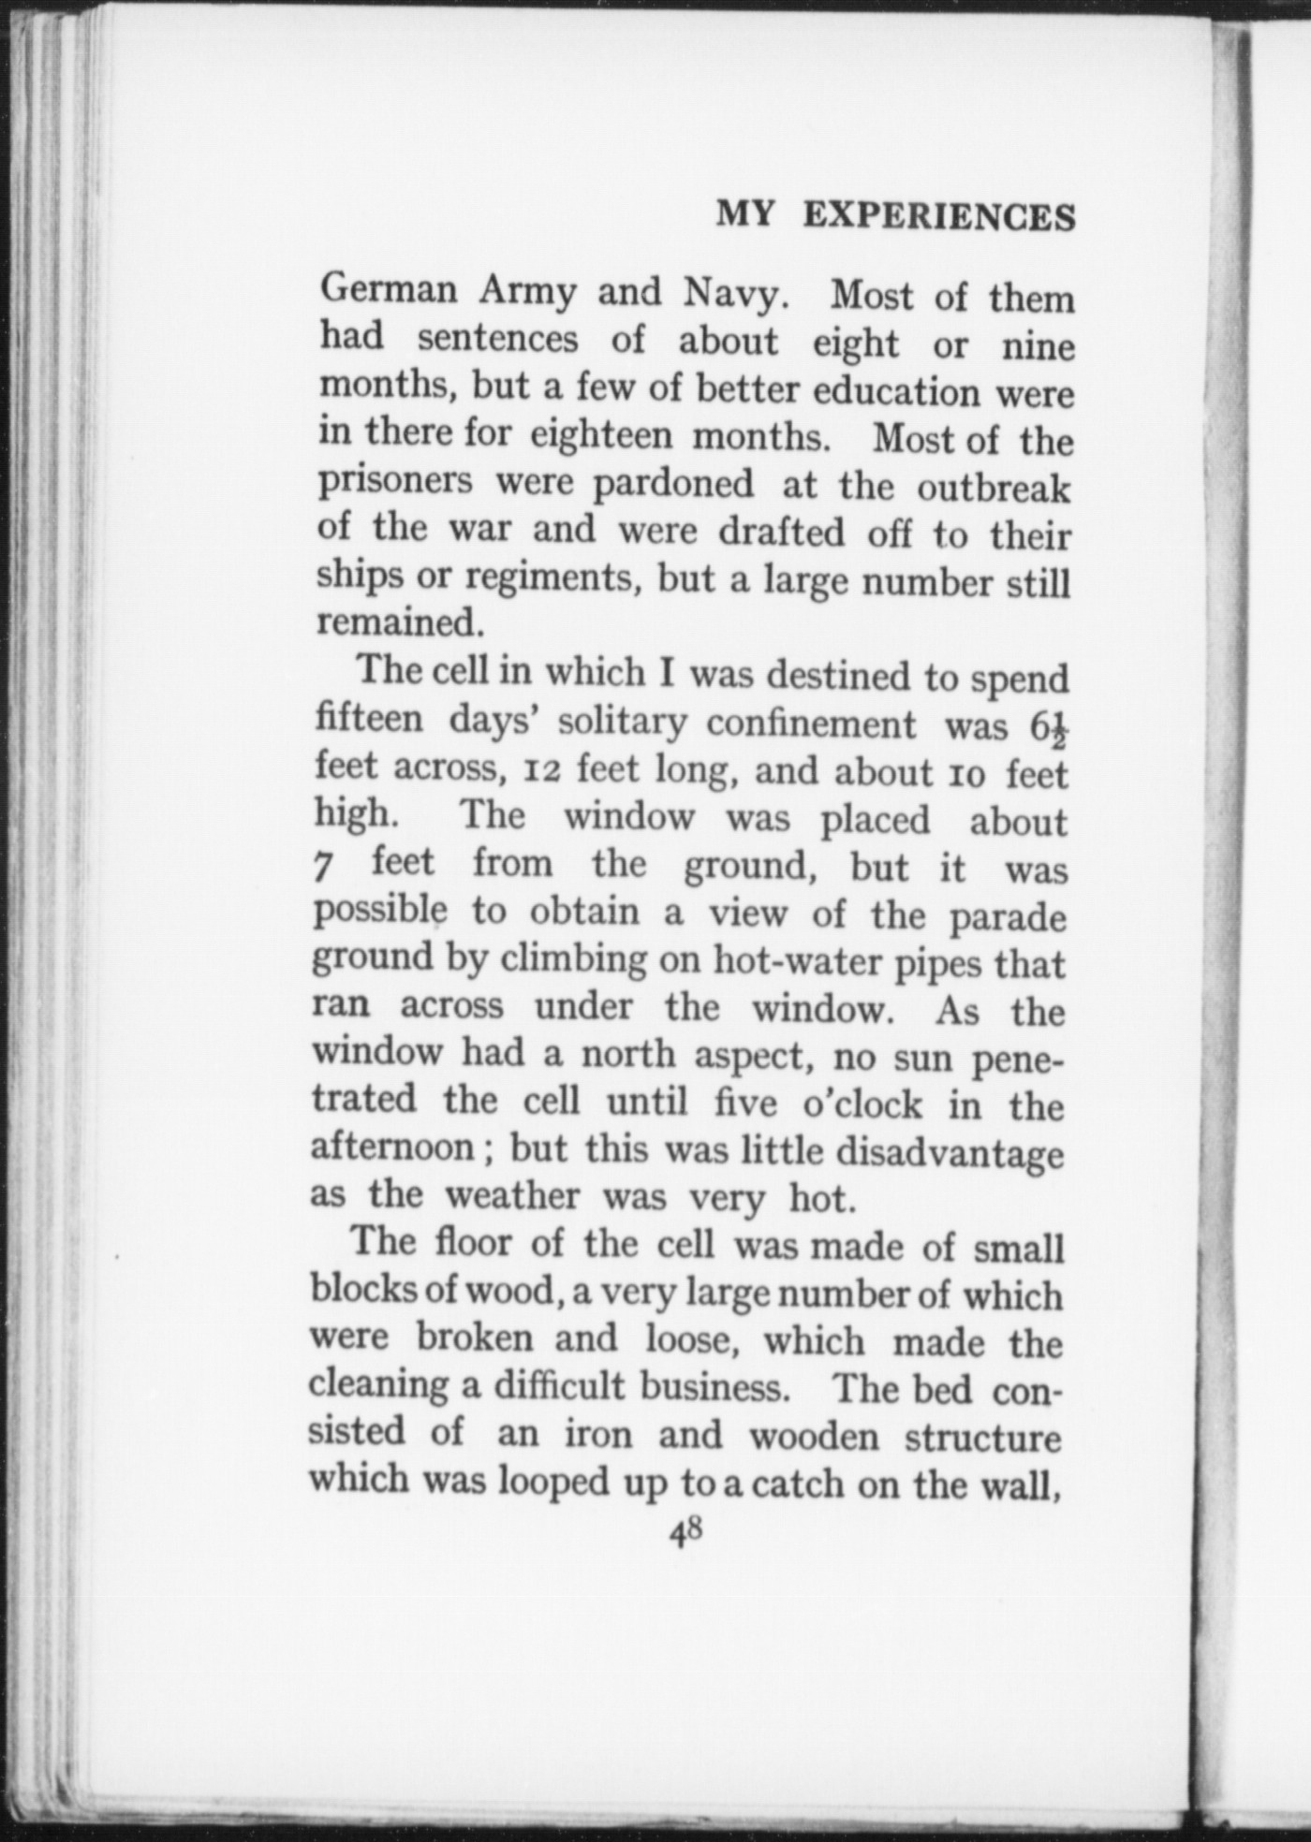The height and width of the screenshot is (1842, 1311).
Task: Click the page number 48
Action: (685, 1531)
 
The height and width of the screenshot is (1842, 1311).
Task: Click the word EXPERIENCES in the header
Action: (939, 217)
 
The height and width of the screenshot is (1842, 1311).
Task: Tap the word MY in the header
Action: (745, 215)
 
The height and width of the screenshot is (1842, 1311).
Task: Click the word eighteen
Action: (601, 436)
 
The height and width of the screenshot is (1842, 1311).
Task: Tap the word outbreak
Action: (993, 489)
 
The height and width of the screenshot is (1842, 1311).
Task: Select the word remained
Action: (393, 621)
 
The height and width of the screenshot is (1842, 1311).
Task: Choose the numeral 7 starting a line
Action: (323, 866)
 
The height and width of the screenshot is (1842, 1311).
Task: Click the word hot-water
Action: (796, 961)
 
